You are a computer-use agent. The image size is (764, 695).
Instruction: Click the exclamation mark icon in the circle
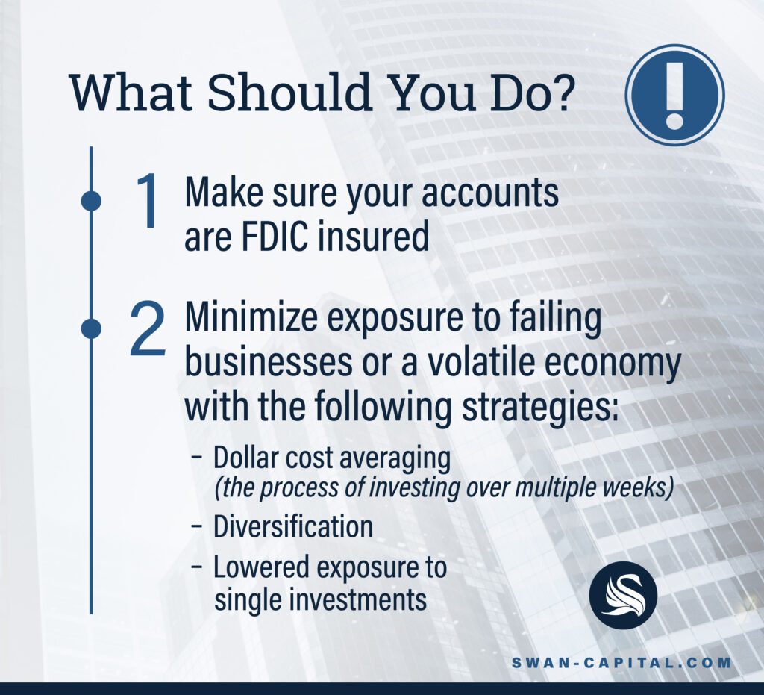(674, 95)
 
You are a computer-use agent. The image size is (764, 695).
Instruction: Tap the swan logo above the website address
(623, 595)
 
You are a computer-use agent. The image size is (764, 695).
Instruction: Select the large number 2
(148, 328)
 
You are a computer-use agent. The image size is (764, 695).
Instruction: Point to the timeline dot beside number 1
(91, 201)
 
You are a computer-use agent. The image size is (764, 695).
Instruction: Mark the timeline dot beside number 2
(91, 328)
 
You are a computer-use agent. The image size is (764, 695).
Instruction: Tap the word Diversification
(293, 527)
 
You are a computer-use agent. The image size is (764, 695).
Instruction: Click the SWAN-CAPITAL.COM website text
(621, 663)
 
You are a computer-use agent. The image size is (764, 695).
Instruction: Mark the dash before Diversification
(197, 527)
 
